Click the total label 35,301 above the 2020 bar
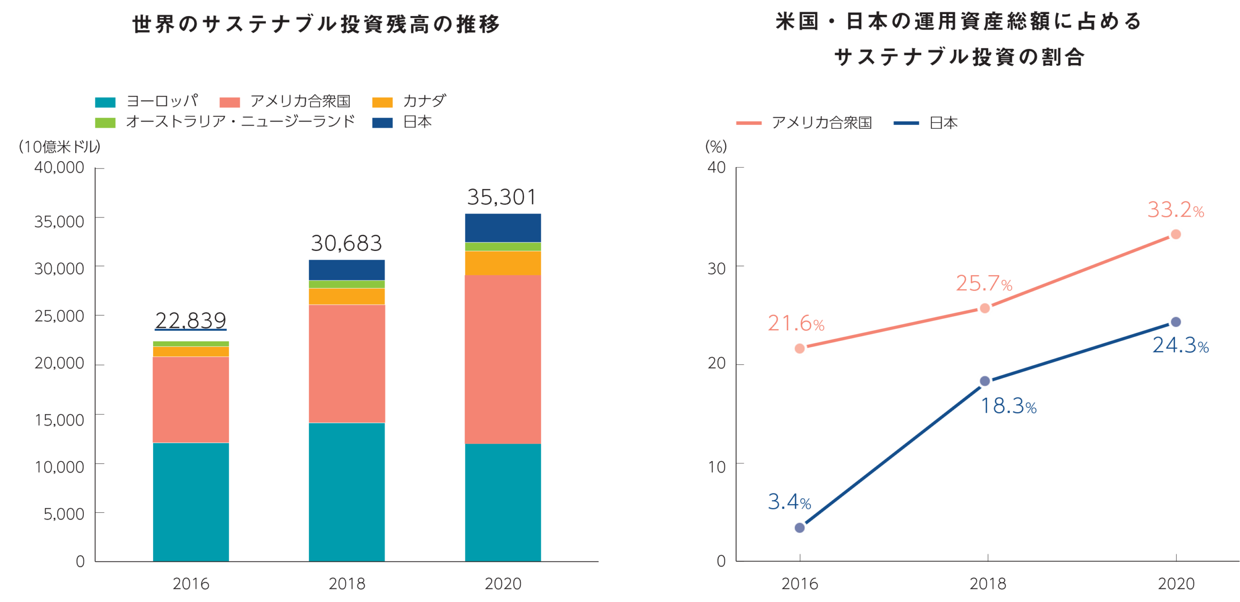[502, 197]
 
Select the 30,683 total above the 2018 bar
[346, 243]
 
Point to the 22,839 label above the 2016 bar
[191, 320]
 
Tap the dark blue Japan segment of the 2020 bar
[503, 228]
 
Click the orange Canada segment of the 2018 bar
[346, 296]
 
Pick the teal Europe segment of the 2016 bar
[191, 501]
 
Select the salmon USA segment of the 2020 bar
[503, 359]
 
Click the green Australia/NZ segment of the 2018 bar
[346, 284]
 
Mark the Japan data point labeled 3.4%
[800, 527]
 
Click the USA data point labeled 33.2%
[1176, 234]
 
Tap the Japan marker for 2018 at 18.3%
[985, 381]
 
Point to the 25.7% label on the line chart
[984, 284]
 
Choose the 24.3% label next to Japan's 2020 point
[1180, 345]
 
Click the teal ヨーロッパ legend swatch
[106, 102]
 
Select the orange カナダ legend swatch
[382, 102]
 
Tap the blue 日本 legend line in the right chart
[906, 123]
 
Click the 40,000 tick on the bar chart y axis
[59, 168]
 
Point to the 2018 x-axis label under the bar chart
[346, 584]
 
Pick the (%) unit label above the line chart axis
[716, 146]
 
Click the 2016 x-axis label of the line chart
[800, 584]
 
